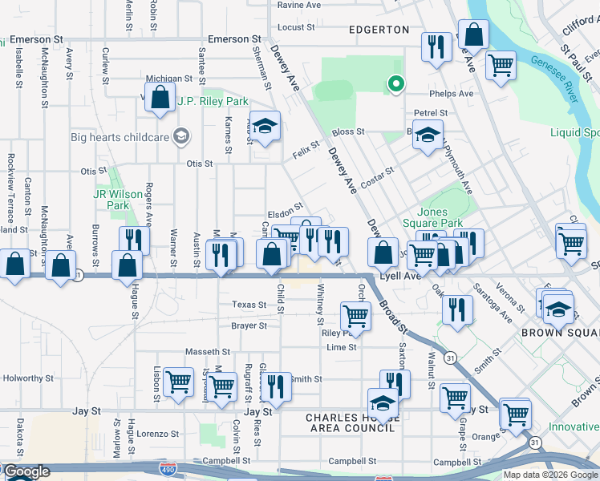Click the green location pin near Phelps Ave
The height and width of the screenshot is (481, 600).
pyautogui.click(x=395, y=83)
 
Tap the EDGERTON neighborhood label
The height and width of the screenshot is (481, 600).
pyautogui.click(x=379, y=30)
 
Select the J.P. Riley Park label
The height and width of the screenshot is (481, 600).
pyautogui.click(x=213, y=102)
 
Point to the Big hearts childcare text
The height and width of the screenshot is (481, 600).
pyautogui.click(x=120, y=137)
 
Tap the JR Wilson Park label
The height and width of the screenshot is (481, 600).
pyautogui.click(x=111, y=200)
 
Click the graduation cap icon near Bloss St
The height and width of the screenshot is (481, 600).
pyautogui.click(x=428, y=135)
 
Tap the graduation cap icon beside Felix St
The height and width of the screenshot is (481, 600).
pyautogui.click(x=266, y=126)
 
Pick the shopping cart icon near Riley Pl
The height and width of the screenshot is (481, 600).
pyautogui.click(x=355, y=315)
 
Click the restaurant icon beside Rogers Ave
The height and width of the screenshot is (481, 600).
pyautogui.click(x=134, y=240)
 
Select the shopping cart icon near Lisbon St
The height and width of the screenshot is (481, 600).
pyautogui.click(x=178, y=382)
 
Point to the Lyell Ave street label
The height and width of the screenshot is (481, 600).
pyautogui.click(x=400, y=276)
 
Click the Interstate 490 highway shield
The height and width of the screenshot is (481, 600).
pyautogui.click(x=168, y=467)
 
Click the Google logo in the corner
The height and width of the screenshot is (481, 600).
pyautogui.click(x=26, y=472)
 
